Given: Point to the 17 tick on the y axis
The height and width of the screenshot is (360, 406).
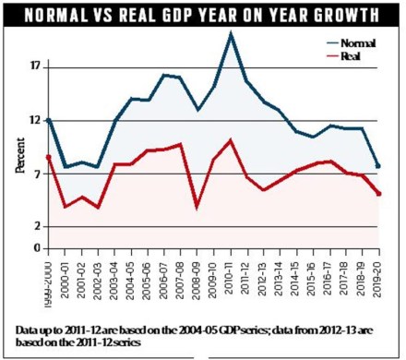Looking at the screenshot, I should coord(35,67).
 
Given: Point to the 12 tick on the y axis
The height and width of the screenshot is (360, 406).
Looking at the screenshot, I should coord(35,121).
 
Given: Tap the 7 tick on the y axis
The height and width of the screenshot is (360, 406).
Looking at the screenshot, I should coord(37,174).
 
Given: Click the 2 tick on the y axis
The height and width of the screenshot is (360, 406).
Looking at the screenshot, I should coord(37,227).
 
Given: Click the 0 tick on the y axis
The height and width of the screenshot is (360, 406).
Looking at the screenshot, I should coord(37,248).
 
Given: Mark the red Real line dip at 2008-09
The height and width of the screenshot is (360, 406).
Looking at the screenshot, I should coord(197,207).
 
